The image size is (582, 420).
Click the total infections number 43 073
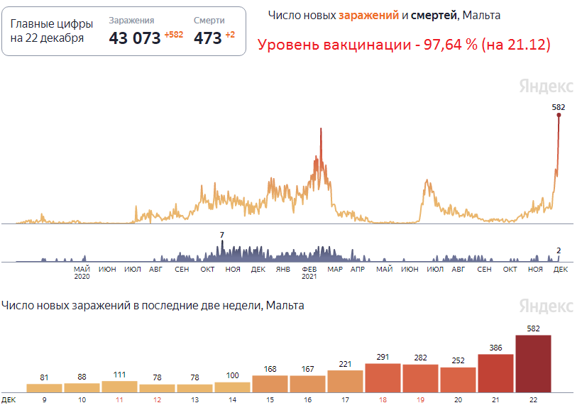pyautogui.click(x=135, y=38)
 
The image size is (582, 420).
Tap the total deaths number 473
pyautogui.click(x=207, y=38)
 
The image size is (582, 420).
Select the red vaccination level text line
pyautogui.click(x=404, y=45)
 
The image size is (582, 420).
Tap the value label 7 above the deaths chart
pyautogui.click(x=222, y=235)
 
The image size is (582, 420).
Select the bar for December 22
pyautogui.click(x=533, y=363)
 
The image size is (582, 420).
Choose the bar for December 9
pyautogui.click(x=44, y=387)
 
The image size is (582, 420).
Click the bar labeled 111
pyautogui.click(x=119, y=386)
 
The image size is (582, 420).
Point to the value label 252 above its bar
pyautogui.click(x=458, y=360)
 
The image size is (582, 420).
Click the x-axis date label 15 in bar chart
pyautogui.click(x=270, y=400)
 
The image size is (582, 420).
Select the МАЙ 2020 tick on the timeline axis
pyautogui.click(x=82, y=273)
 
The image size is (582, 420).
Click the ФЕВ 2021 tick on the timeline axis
pyautogui.click(x=309, y=273)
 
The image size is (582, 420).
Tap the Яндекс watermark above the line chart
pyautogui.click(x=546, y=86)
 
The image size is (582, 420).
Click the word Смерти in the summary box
pyautogui.click(x=209, y=21)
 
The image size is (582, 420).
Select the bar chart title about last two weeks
pyautogui.click(x=153, y=306)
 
